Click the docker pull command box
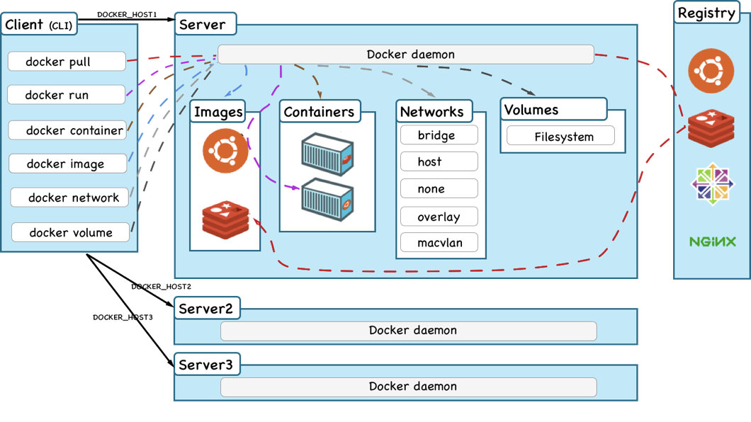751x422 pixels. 67,62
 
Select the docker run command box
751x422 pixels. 67,95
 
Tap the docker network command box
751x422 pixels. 70,197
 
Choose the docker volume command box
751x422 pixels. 71,232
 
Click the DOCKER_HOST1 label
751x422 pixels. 127,14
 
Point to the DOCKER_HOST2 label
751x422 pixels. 162,286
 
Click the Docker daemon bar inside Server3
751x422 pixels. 409,387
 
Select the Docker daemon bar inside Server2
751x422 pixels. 409,331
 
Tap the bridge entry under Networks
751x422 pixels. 439,135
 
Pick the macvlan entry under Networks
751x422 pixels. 439,242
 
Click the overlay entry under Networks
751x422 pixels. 439,216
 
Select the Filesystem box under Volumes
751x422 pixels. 560,136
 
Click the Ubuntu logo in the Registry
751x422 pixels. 711,71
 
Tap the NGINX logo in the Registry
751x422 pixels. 712,241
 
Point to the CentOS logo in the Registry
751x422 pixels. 712,183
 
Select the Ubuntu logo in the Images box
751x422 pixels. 225,151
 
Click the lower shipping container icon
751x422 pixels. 327,199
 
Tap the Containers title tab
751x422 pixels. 320,111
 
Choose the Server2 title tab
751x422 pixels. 206,309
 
